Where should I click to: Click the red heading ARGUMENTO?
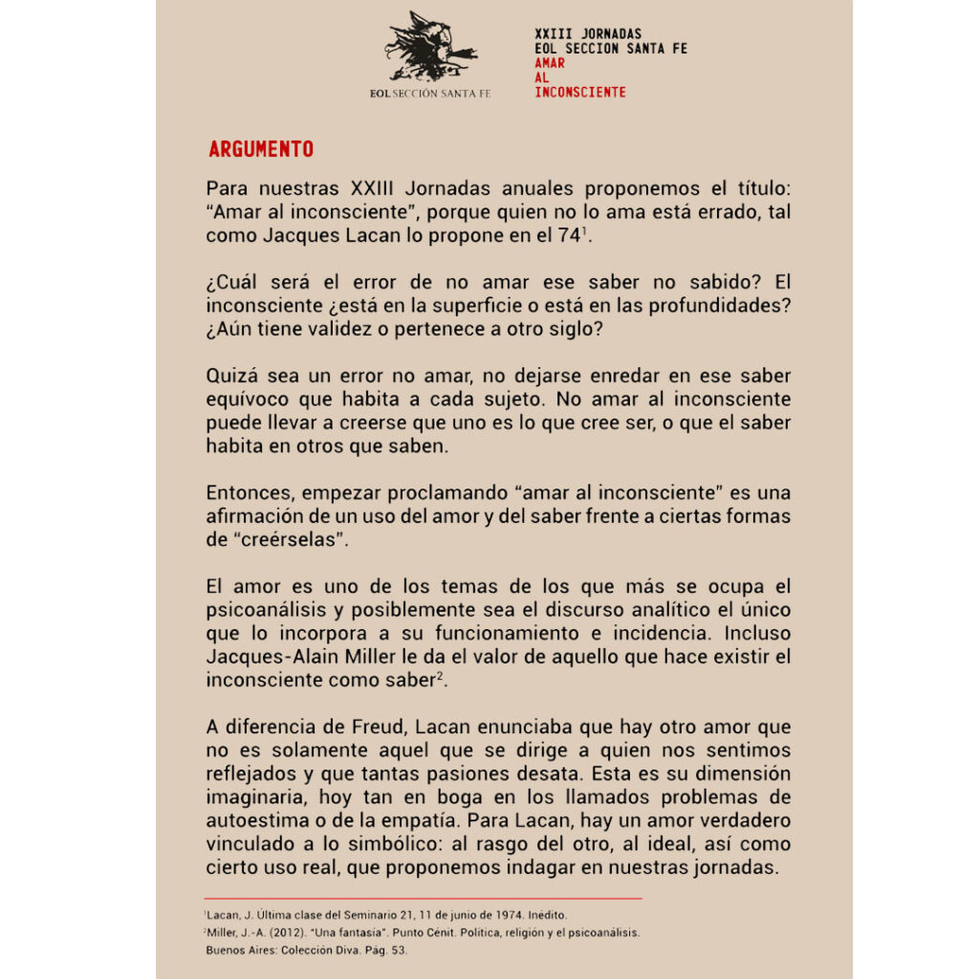pos(261,150)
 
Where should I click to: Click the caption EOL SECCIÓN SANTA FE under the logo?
pos(430,94)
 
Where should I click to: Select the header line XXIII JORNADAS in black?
pos(588,34)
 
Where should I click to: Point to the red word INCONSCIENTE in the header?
pos(580,93)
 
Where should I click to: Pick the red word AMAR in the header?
pos(550,63)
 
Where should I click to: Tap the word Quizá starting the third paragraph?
pos(230,375)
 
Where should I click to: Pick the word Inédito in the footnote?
pos(545,915)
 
